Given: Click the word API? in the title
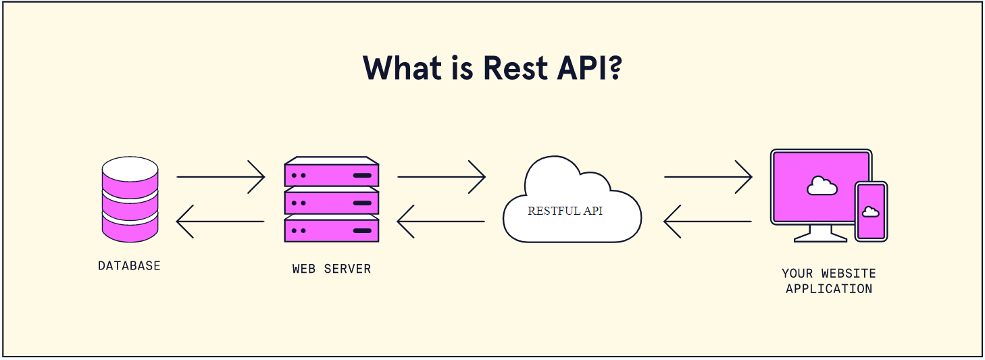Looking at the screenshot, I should coord(590,68).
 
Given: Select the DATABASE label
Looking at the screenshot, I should coord(129,265).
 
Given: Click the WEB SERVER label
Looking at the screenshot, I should coord(331,269).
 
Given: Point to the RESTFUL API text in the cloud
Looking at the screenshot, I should coord(565,211).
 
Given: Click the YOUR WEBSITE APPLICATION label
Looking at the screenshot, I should coord(829,281).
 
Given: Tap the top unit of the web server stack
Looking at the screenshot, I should coord(331,174).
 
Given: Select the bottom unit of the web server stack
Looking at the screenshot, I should coord(331,230).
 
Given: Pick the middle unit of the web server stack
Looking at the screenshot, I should coord(331,202).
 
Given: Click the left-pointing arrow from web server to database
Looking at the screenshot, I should coord(220,221).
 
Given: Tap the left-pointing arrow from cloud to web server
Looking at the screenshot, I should coord(441,221).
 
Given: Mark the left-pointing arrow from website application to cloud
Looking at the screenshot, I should coord(708,221).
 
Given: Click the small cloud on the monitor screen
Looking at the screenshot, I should coord(822,185).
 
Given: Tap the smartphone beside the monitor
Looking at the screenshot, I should coord(871,211).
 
